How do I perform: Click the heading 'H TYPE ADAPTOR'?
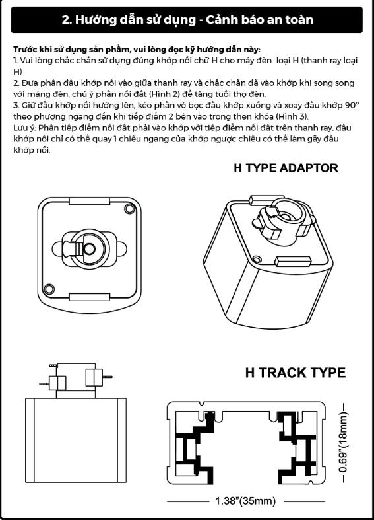point(286,168)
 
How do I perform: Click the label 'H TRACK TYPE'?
point(296,373)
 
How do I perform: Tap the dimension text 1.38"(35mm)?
point(245,501)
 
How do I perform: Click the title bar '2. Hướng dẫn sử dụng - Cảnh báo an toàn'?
point(187,20)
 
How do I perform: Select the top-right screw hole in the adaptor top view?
point(129,209)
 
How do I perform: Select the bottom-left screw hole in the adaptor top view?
point(49,289)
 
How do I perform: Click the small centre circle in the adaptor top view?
point(89,248)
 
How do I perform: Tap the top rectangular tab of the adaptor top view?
point(89,201)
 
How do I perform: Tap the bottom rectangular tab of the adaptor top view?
point(89,297)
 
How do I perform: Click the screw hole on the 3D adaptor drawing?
point(255,258)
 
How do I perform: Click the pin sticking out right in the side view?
point(108,377)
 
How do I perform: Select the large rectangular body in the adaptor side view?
point(76,440)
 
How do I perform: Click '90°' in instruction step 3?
point(352,106)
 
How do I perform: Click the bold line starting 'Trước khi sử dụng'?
point(137,50)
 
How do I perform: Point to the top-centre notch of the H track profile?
point(201,404)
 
